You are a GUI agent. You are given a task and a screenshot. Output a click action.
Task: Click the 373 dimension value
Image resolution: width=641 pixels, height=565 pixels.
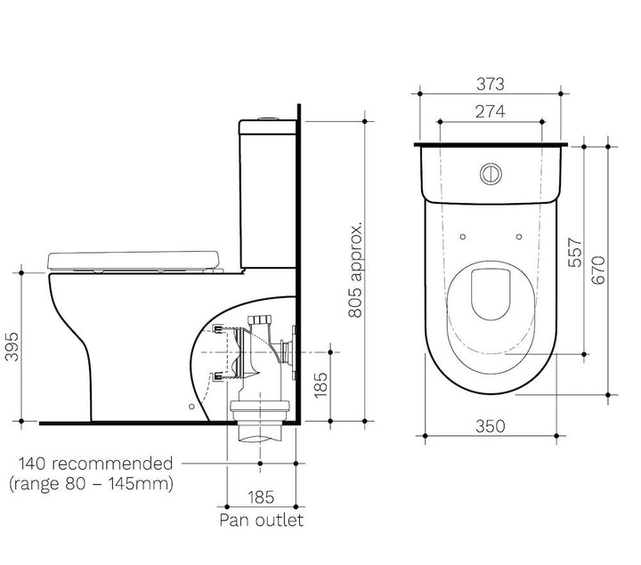pyautogui.click(x=490, y=85)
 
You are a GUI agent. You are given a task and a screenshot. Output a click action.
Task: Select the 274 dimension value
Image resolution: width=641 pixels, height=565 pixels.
pyautogui.click(x=490, y=112)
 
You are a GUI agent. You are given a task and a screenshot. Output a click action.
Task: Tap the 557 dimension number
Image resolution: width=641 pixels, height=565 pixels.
pyautogui.click(x=574, y=254)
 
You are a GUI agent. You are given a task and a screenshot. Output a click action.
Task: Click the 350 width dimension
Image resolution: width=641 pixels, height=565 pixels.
pyautogui.click(x=490, y=425)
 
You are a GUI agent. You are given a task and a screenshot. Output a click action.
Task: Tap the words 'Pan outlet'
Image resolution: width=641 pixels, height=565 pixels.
pyautogui.click(x=262, y=520)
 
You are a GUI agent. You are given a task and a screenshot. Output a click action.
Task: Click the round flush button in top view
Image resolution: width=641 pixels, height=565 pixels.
pyautogui.click(x=491, y=173)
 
